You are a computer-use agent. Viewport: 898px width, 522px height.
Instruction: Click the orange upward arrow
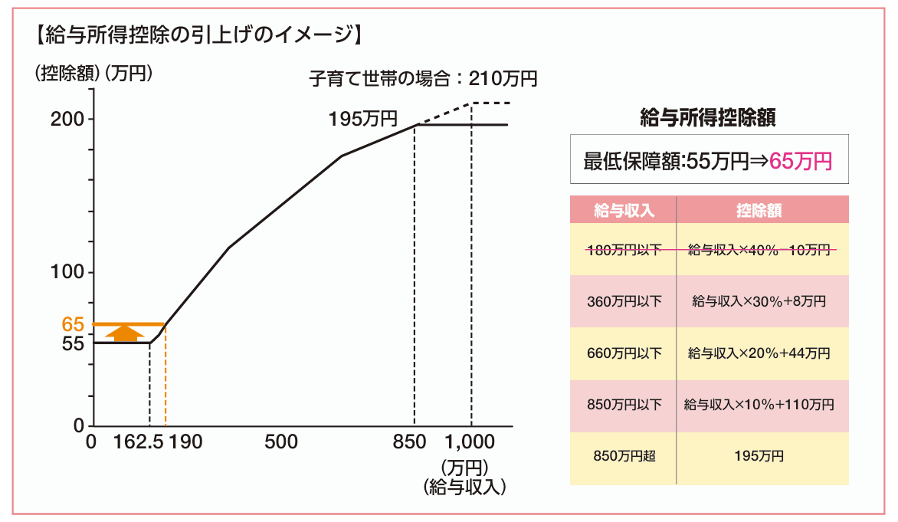click(123, 333)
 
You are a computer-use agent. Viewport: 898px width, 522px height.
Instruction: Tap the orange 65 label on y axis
click(73, 324)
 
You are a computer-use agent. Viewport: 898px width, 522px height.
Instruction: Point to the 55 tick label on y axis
click(73, 344)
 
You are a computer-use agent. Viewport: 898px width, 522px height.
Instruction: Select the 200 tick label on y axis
click(67, 120)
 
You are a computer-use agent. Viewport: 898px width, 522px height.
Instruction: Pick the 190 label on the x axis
click(186, 442)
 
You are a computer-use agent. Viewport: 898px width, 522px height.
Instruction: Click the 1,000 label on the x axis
click(471, 442)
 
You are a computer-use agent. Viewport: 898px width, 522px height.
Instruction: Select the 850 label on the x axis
click(409, 442)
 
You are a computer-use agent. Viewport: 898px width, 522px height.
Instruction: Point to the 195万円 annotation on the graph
click(363, 119)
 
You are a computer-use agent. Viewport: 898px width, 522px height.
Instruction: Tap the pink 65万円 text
click(800, 161)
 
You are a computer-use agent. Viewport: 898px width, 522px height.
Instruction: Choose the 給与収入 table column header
click(624, 211)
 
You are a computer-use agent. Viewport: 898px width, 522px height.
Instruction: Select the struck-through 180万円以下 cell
click(624, 249)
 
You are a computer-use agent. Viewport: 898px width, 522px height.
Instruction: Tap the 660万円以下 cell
click(624, 353)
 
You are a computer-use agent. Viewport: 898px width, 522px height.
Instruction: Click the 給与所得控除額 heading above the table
click(708, 117)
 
